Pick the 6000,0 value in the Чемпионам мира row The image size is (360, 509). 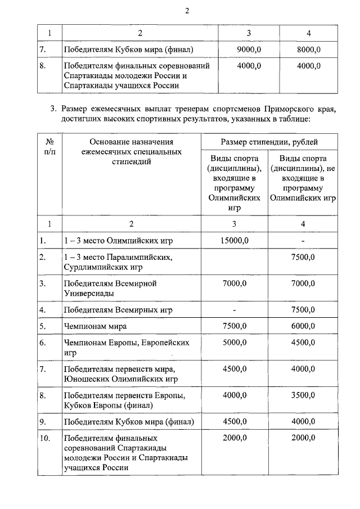coord(303,326)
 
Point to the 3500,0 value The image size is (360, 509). coord(303,395)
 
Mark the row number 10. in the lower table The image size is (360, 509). coord(46,438)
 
